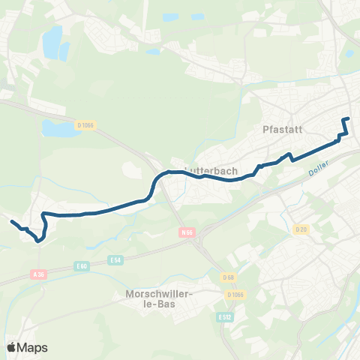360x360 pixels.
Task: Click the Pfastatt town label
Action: [x=282, y=129]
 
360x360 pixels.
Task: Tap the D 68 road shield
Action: [x=229, y=278]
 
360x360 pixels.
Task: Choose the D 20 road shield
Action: [x=301, y=229]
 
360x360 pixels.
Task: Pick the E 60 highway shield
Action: [x=82, y=266]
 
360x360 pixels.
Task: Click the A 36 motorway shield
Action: [x=40, y=274]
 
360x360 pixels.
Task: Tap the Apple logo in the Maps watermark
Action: [x=12, y=347]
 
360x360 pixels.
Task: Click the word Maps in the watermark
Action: [x=32, y=347]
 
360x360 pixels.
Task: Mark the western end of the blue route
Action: [x=11, y=220]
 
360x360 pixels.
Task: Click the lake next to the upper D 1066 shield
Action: [x=54, y=129]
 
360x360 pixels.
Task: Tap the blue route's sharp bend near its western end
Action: [x=37, y=241]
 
